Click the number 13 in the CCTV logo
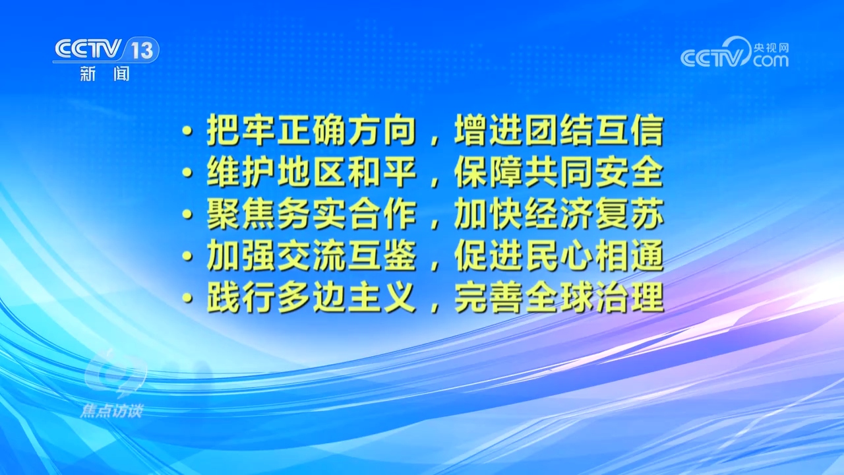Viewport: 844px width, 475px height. tap(142, 50)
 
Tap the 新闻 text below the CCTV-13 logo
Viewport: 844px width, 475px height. tap(105, 73)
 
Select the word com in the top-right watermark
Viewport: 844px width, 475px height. tap(771, 61)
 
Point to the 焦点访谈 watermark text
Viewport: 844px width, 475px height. tap(111, 411)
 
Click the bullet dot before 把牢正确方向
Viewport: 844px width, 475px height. tap(187, 131)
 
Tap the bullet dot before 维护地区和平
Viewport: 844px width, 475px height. tap(187, 173)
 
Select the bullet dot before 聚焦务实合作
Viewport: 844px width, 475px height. tap(187, 214)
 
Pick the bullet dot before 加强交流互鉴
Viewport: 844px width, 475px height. tap(187, 257)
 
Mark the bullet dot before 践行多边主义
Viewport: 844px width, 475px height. tap(187, 298)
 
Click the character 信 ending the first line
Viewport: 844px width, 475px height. tap(647, 131)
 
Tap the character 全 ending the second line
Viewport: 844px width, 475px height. tap(647, 172)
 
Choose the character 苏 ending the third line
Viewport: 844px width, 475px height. tap(647, 214)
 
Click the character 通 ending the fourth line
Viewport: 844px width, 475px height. tap(647, 255)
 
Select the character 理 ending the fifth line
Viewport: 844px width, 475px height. tap(647, 297)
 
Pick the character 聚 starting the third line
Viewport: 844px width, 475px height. tap(223, 214)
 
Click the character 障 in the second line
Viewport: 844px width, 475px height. tap(506, 172)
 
